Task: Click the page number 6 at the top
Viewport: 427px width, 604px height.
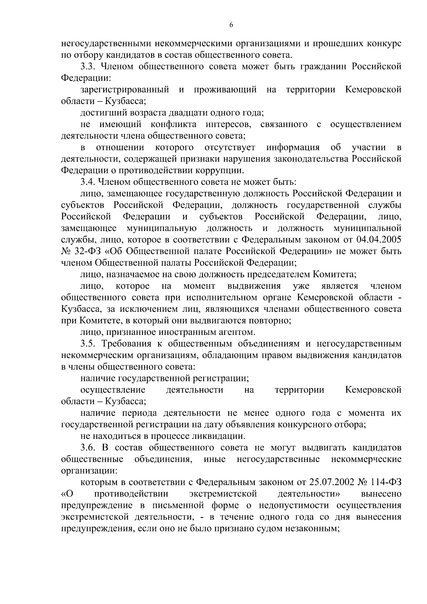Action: (231, 25)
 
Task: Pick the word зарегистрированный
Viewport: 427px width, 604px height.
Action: (125, 90)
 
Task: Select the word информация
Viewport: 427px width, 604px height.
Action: (293, 148)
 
